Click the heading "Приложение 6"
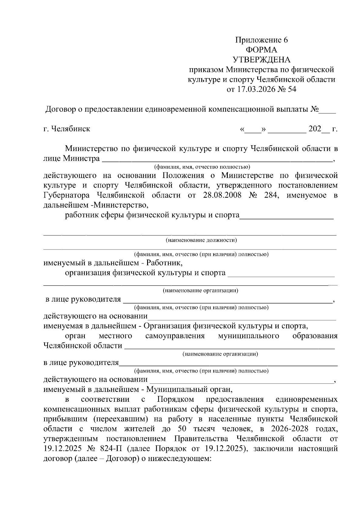pyautogui.click(x=261, y=40)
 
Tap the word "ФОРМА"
pyautogui.click(x=261, y=50)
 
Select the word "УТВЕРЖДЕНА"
pyautogui.click(x=261, y=60)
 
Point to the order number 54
pyautogui.click(x=292, y=89)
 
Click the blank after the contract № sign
pyautogui.click(x=327, y=109)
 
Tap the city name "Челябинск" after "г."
pyautogui.click(x=71, y=129)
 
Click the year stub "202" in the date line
pyautogui.click(x=315, y=129)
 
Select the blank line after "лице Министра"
pyautogui.click(x=217, y=159)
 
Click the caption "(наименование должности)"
pyautogui.click(x=201, y=240)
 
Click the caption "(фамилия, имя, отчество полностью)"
pyautogui.click(x=202, y=167)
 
